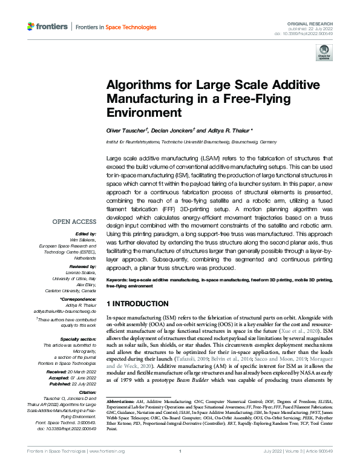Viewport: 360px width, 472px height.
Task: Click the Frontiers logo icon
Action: (31, 27)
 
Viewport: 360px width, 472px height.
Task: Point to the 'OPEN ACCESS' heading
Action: (74, 221)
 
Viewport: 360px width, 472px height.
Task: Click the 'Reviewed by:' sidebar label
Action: (85, 266)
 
